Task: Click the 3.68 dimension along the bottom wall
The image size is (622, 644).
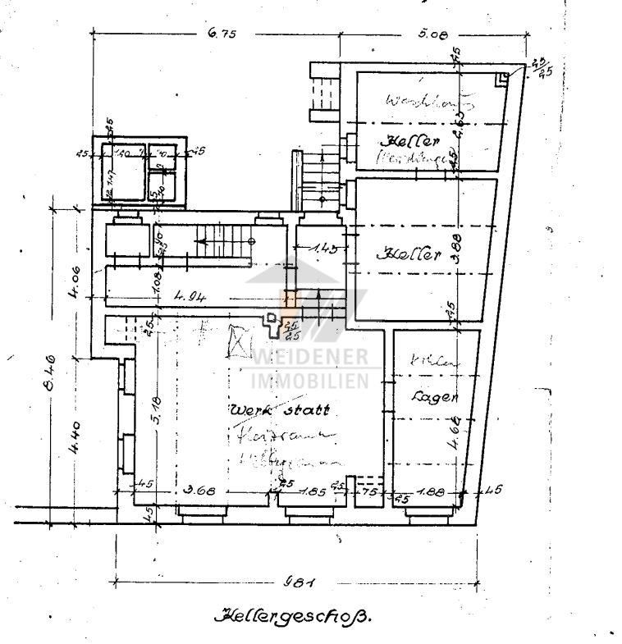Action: point(199,491)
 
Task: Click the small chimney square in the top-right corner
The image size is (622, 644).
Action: point(502,79)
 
